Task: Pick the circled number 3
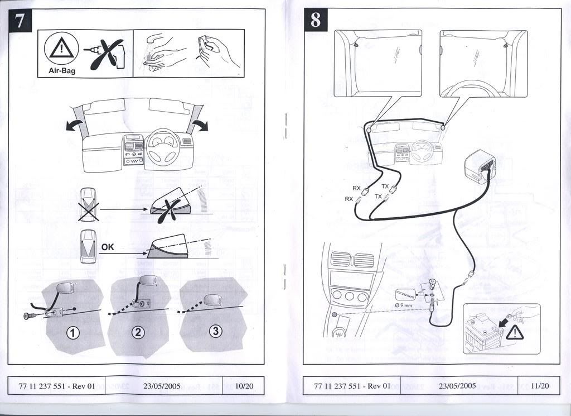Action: pos(215,331)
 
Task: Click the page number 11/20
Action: pos(540,386)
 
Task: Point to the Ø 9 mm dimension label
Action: pos(403,305)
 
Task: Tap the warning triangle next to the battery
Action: pos(515,333)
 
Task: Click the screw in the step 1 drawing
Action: pos(30,315)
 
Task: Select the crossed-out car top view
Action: pos(89,203)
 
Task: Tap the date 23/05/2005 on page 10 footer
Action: pos(162,386)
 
